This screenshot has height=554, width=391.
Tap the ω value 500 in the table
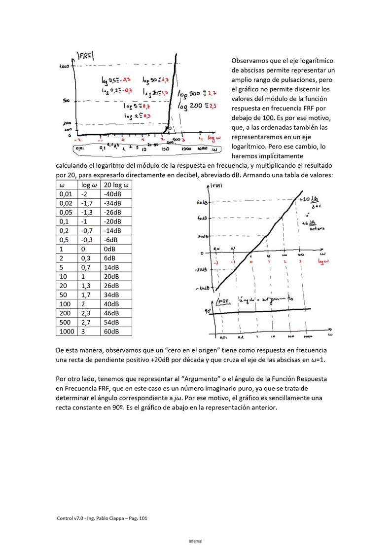click(66, 322)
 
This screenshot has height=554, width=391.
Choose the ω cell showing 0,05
click(66, 213)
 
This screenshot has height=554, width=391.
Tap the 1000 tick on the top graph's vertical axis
click(64, 66)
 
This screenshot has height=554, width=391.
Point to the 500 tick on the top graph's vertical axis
click(66, 100)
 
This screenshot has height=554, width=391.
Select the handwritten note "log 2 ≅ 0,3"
click(138, 116)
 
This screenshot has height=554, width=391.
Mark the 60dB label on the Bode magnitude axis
click(202, 203)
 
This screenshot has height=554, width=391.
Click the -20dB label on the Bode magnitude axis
click(202, 270)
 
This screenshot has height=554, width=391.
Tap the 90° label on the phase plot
click(208, 311)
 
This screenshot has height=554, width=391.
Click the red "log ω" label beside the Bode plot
click(323, 261)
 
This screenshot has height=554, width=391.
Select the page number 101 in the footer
click(143, 518)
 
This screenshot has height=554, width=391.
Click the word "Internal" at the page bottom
click(195, 541)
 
